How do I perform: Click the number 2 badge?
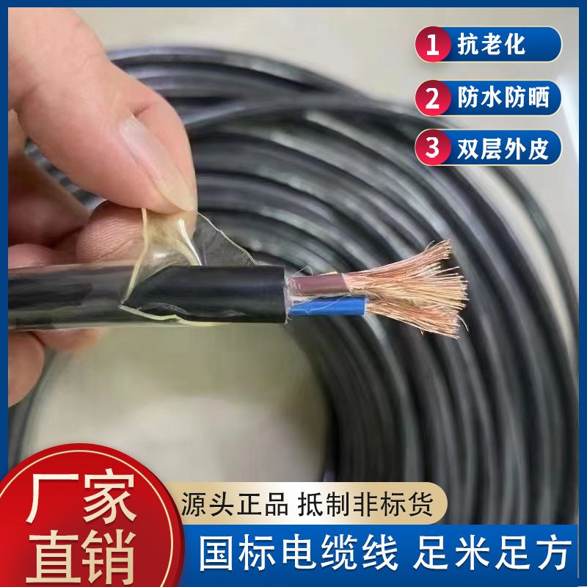point(434,98)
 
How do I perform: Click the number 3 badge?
point(434,148)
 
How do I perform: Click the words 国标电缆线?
point(299,552)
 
